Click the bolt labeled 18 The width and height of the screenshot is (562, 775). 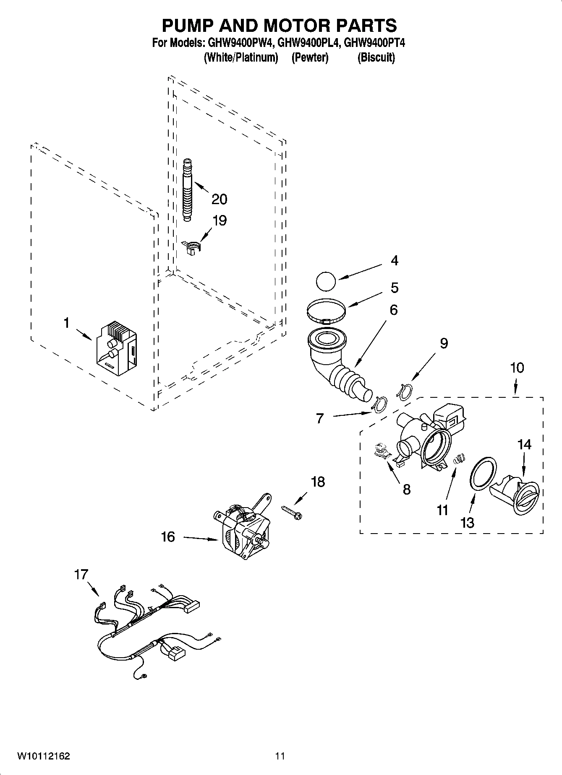(x=292, y=512)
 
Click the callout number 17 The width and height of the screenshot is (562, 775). (x=81, y=574)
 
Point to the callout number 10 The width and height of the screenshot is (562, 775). (x=517, y=368)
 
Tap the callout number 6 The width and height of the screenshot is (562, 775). (x=393, y=310)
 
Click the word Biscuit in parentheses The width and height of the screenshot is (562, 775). (x=376, y=58)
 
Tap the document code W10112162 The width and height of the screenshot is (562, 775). (x=43, y=756)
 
